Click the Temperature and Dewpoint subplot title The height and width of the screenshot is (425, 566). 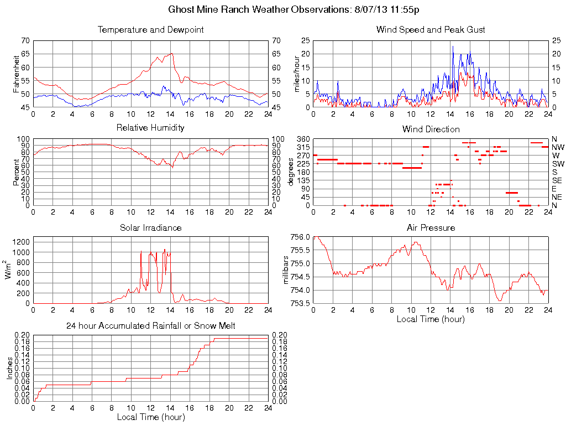coord(150,29)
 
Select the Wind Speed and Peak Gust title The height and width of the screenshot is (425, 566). coord(431,29)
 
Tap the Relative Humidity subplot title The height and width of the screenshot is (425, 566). coord(150,128)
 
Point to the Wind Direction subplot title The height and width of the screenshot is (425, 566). coord(431,129)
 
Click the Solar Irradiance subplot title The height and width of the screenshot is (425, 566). coord(150,227)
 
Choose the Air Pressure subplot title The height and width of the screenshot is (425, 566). coord(431,227)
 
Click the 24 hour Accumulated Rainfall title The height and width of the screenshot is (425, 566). coord(150,326)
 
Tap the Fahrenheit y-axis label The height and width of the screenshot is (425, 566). coord(17,74)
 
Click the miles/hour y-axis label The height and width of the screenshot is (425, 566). coord(297,74)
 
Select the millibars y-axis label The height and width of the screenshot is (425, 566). coord(286,269)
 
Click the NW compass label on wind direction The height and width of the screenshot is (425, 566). coord(558,147)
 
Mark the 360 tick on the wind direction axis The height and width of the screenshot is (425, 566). coord(302,138)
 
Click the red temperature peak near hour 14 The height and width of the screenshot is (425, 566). coord(172,54)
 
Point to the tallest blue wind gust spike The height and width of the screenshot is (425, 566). coord(453,46)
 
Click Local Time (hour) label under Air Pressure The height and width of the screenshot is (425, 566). coord(431,319)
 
